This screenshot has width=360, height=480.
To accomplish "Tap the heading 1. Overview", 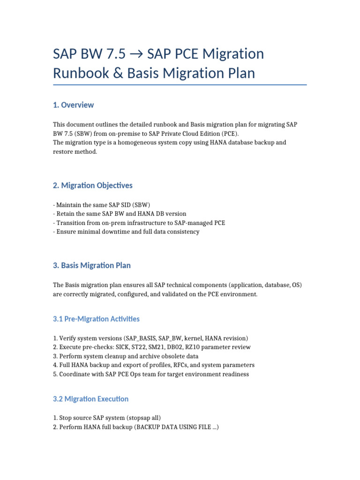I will [73, 105].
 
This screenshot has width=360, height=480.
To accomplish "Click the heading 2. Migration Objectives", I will [93, 186].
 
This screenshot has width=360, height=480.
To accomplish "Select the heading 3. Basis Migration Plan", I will [92, 265].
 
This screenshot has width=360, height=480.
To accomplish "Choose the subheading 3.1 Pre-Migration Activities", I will [96, 319].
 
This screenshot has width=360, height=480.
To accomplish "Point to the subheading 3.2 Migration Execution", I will [90, 399].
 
